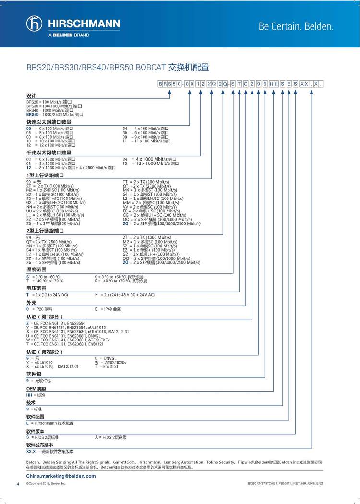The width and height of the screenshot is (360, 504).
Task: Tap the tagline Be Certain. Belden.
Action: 296,26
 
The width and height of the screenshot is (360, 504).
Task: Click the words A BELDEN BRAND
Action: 69,35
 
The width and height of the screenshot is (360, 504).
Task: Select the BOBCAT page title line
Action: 118,68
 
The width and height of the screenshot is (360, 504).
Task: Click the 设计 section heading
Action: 31,96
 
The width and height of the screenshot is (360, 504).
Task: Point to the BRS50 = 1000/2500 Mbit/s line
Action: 55,115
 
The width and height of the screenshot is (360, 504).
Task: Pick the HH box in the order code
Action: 274,84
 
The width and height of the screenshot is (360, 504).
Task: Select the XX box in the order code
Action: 303,84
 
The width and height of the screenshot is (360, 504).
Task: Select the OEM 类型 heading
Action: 36,388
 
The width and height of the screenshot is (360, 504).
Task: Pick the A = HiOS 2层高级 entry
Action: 111,437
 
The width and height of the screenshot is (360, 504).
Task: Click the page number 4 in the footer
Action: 18,484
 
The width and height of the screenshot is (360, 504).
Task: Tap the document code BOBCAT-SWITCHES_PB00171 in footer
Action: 285,484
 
